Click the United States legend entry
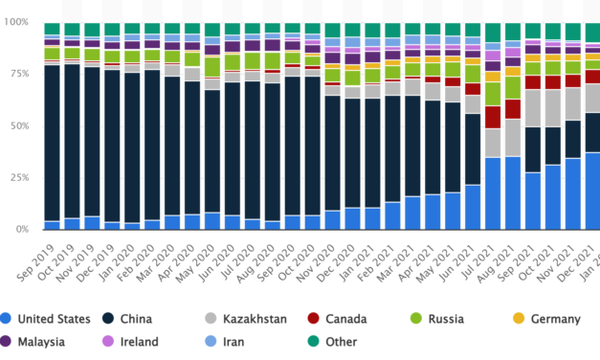coord(54,317)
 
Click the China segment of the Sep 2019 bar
coord(52,144)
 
